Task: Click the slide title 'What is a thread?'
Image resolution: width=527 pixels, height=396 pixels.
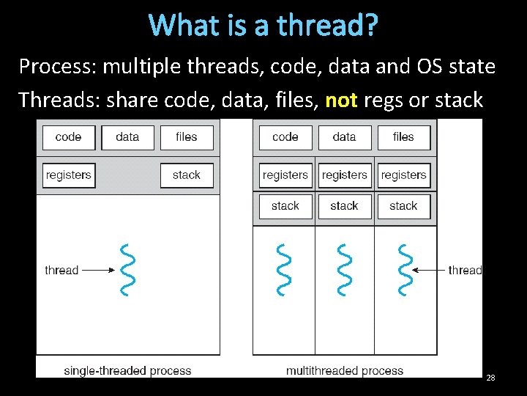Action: [263, 26]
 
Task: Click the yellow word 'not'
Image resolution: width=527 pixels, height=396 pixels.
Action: [340, 100]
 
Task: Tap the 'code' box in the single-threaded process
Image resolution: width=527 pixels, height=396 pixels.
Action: [68, 137]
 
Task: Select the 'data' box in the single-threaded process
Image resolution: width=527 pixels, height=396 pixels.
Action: [127, 137]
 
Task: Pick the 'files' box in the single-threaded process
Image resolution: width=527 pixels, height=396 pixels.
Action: [187, 137]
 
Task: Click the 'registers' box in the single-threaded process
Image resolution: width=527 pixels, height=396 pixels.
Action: [69, 175]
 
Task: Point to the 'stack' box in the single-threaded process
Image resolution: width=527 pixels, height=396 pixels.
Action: [187, 175]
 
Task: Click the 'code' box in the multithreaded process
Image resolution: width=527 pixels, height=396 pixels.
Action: [285, 137]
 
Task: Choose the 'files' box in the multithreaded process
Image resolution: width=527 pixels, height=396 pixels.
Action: [403, 137]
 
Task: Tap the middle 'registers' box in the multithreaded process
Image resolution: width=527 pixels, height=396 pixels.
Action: [344, 175]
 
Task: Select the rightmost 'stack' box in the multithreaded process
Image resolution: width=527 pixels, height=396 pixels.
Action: [403, 206]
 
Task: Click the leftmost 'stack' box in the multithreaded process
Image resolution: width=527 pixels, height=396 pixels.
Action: [285, 206]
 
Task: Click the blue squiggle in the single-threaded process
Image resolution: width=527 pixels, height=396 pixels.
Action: [127, 270]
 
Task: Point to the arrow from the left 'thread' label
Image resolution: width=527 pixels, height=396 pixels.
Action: [97, 270]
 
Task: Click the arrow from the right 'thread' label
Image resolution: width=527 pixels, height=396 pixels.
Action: [429, 270]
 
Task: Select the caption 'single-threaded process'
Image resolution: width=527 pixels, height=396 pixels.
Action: [127, 370]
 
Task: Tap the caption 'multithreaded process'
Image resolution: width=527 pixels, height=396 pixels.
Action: [345, 370]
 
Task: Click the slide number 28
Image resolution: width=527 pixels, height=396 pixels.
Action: [490, 378]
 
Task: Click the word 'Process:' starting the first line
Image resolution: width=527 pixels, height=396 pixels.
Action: [57, 67]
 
